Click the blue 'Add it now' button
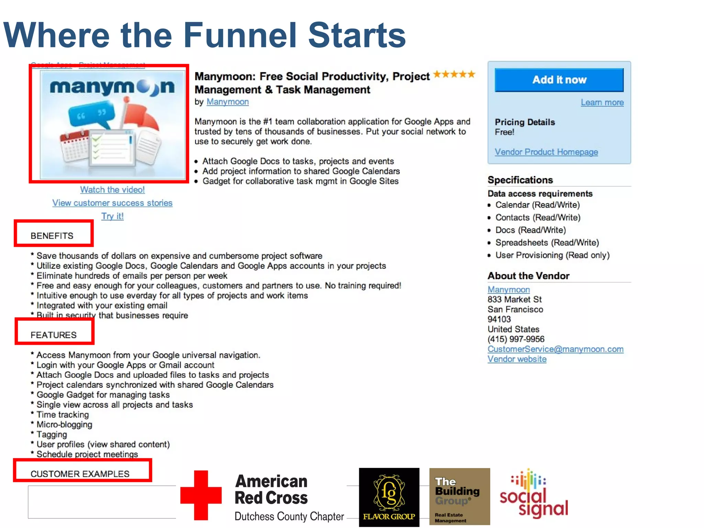(x=559, y=80)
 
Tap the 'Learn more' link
(x=602, y=102)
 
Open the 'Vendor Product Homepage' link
(x=546, y=152)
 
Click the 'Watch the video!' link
(x=112, y=190)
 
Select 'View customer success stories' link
(x=112, y=203)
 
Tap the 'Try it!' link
(x=112, y=216)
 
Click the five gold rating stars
(x=454, y=74)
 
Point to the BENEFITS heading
(x=52, y=236)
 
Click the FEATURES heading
(x=54, y=335)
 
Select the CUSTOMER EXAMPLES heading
(x=80, y=474)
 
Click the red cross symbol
(x=201, y=495)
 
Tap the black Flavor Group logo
(x=389, y=497)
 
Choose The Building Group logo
(x=460, y=496)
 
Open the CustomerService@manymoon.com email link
(x=555, y=349)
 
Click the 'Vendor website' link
(x=517, y=359)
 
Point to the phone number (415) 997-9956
(x=516, y=339)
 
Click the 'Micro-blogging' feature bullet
(x=65, y=425)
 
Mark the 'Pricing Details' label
(x=525, y=122)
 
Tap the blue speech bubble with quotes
(x=91, y=114)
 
